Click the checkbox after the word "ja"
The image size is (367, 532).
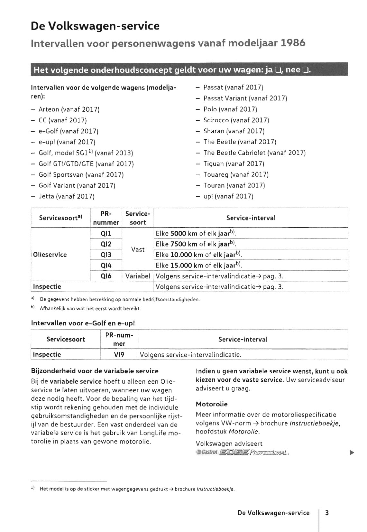(x=278, y=70)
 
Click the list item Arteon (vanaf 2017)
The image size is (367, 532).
(x=69, y=109)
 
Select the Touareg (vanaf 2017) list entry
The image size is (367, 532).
(x=236, y=174)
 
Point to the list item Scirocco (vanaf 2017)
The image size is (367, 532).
(x=236, y=120)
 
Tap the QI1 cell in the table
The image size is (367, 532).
(x=106, y=233)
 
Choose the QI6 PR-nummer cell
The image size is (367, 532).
(x=106, y=276)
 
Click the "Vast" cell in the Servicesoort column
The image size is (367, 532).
(x=138, y=249)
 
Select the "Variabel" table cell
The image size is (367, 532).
(x=138, y=276)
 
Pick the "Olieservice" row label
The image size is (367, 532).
(x=50, y=255)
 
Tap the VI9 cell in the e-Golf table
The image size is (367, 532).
(x=119, y=355)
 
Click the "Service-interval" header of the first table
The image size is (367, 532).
(x=251, y=218)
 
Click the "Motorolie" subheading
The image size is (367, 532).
(x=211, y=404)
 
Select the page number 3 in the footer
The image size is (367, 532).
(x=327, y=513)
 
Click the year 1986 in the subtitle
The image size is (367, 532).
(x=293, y=43)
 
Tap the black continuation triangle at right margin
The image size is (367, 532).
(x=352, y=453)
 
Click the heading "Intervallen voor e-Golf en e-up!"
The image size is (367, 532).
(x=83, y=323)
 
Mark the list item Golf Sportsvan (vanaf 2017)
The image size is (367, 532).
(x=81, y=174)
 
